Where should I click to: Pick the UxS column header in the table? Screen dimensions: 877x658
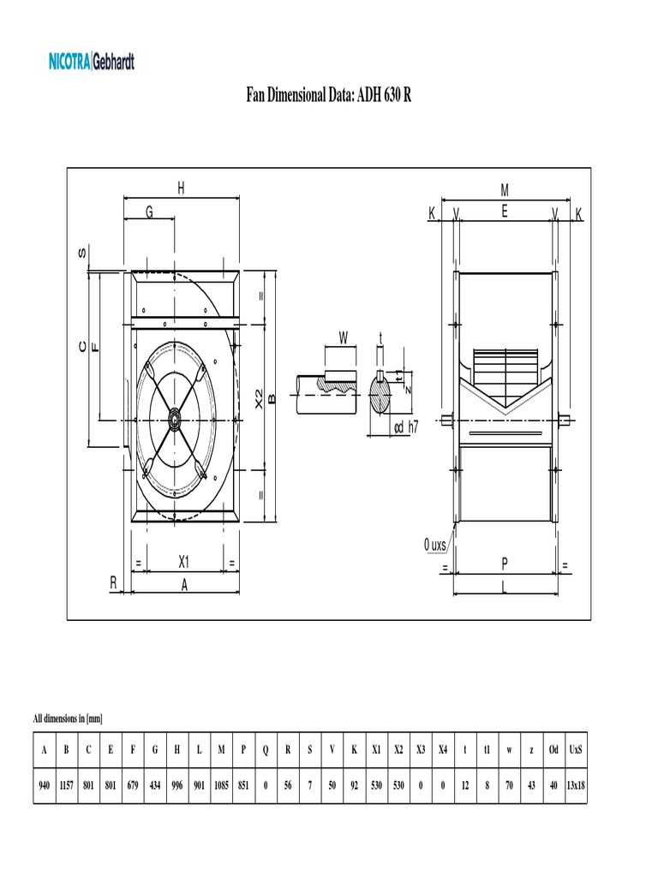click(576, 749)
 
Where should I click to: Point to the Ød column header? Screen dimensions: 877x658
click(553, 749)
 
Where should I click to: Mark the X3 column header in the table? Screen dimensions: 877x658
click(421, 749)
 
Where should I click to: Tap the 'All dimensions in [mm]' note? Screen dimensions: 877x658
click(68, 718)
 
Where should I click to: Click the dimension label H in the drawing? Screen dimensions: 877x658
click(181, 188)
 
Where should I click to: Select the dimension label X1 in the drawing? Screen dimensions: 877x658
click(184, 563)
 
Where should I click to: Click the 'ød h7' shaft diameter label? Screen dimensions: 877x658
click(405, 427)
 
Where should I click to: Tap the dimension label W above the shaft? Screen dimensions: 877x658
click(343, 337)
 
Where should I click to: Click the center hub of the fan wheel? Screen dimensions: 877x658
click(174, 420)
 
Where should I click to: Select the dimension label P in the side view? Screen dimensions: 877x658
click(505, 563)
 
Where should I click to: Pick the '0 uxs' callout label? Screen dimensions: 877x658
click(435, 545)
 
